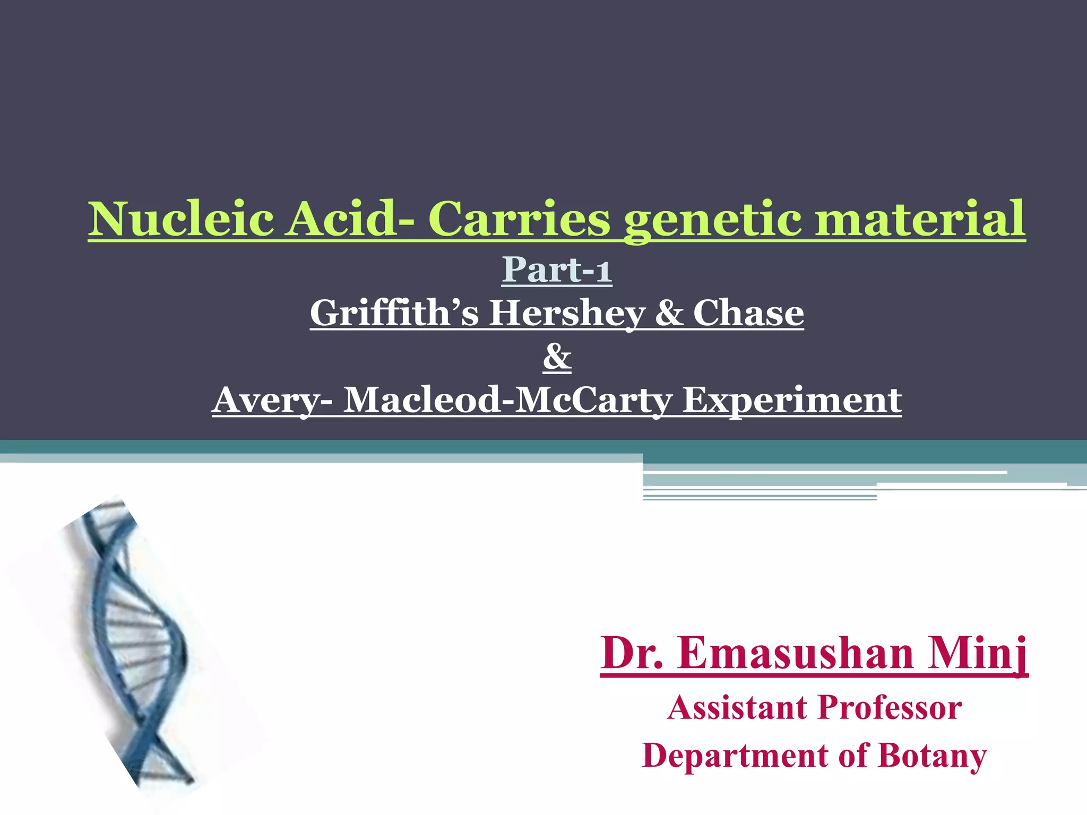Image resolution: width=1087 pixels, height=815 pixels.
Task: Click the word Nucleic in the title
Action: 180,219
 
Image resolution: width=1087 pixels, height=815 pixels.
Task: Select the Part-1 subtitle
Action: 557,270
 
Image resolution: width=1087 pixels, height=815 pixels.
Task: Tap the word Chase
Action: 748,313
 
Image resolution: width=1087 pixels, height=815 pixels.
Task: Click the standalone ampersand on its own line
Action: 557,357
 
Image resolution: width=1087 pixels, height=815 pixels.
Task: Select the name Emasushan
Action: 796,653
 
